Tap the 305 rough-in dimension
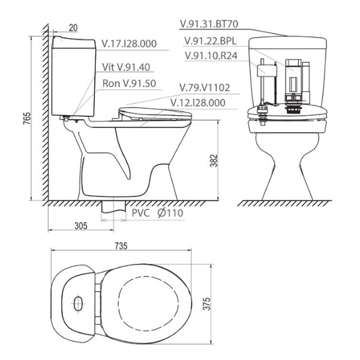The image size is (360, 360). point(82,226)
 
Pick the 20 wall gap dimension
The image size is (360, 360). point(72,26)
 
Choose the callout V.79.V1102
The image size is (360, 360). point(205,88)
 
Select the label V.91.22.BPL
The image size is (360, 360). point(209,41)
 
